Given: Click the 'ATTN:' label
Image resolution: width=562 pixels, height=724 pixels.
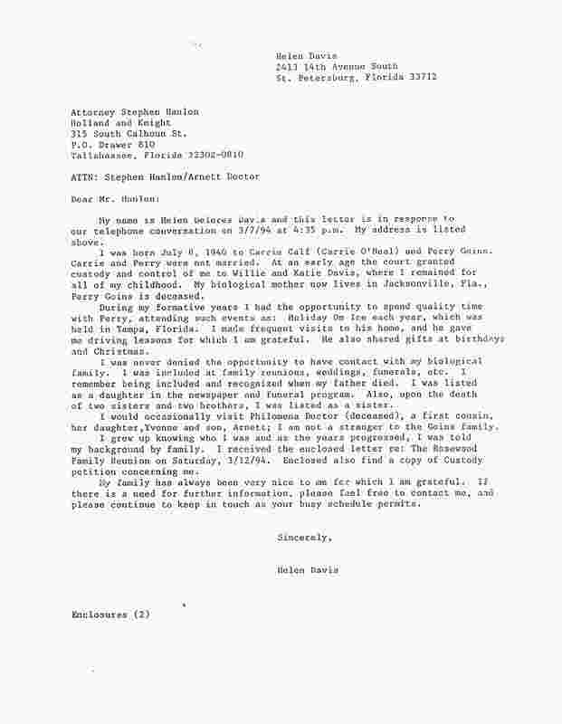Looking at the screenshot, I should pyautogui.click(x=86, y=176).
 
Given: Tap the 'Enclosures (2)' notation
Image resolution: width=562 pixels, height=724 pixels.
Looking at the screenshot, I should pyautogui.click(x=110, y=614).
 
